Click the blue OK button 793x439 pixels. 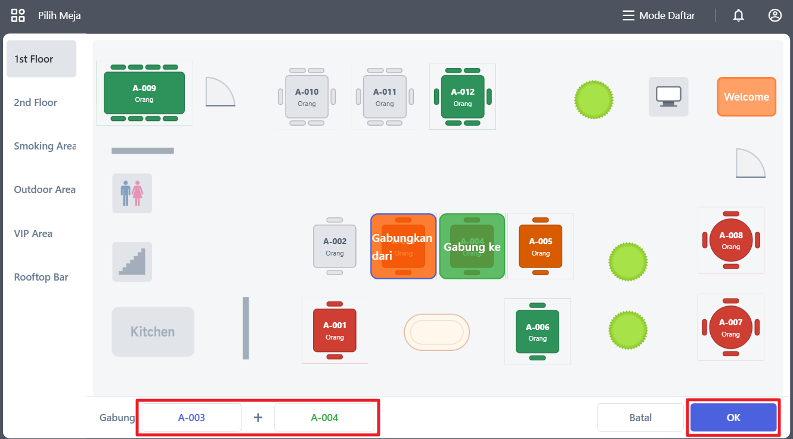click(733, 418)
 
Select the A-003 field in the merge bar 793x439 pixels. click(191, 418)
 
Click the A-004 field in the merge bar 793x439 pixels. click(324, 418)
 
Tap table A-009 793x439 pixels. click(144, 93)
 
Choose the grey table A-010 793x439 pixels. click(307, 96)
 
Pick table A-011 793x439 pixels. click(385, 96)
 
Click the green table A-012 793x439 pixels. click(463, 96)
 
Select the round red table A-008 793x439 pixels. click(731, 240)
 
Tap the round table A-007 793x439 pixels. click(731, 327)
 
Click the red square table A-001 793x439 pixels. click(334, 331)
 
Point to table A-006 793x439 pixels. click(537, 332)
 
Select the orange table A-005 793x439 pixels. click(540, 246)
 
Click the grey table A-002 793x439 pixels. click(334, 246)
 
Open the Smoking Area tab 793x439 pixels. click(45, 147)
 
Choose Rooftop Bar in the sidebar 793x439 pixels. click(41, 278)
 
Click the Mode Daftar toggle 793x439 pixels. click(659, 16)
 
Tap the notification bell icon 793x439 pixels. click(739, 16)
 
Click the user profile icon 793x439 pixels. click(775, 16)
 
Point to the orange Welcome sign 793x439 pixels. click(746, 96)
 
